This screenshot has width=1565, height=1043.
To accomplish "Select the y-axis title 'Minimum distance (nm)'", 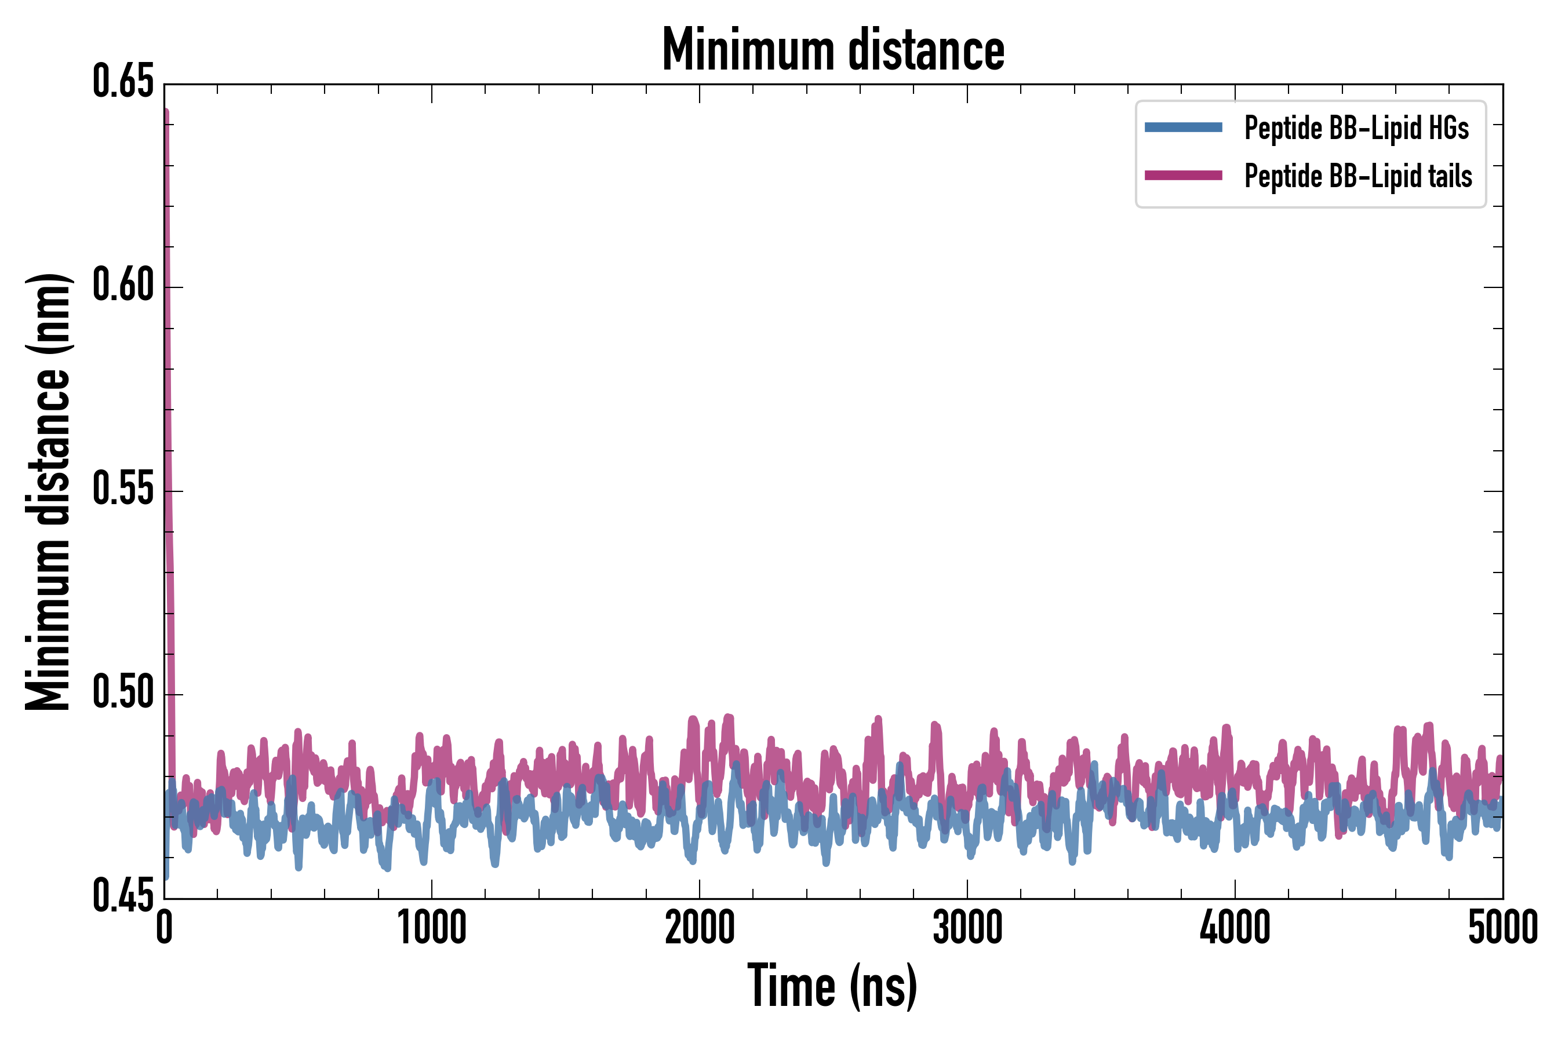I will click(48, 491).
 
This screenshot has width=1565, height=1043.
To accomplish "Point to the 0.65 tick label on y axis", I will click(123, 82).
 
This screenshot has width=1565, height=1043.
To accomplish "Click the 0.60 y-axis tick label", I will click(123, 287).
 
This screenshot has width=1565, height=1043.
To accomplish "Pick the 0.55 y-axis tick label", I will click(123, 491).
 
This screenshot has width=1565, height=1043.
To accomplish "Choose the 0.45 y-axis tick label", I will click(123, 896).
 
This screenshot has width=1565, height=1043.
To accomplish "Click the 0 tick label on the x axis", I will click(165, 928).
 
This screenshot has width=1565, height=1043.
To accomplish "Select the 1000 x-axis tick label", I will click(432, 928).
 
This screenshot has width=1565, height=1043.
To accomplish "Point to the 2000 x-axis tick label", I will click(700, 928).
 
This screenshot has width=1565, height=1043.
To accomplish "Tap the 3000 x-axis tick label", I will click(967, 928).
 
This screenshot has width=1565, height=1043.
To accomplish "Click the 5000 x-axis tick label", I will click(1502, 928).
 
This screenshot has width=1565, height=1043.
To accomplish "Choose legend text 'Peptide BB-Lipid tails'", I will click(1357, 177).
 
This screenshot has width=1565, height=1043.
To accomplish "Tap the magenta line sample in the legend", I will click(1183, 176).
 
